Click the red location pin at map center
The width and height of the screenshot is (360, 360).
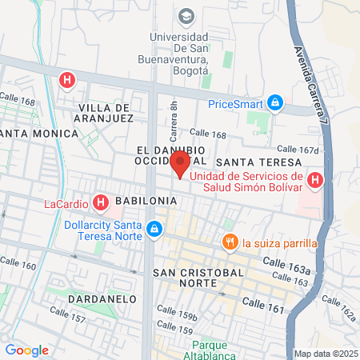pyautogui.click(x=180, y=165)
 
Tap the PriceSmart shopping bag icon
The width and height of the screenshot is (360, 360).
pyautogui.click(x=275, y=102)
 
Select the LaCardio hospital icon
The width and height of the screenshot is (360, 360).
pyautogui.click(x=100, y=203)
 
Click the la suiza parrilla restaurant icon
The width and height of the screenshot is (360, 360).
pyautogui.click(x=230, y=242)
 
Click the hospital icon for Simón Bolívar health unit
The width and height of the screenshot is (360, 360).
pyautogui.click(x=315, y=181)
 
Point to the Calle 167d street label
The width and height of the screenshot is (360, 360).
pyautogui.click(x=298, y=150)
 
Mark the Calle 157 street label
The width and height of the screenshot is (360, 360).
pyautogui.click(x=67, y=314)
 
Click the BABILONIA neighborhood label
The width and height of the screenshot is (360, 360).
pyautogui.click(x=141, y=200)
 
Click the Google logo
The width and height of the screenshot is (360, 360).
pyautogui.click(x=26, y=350)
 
